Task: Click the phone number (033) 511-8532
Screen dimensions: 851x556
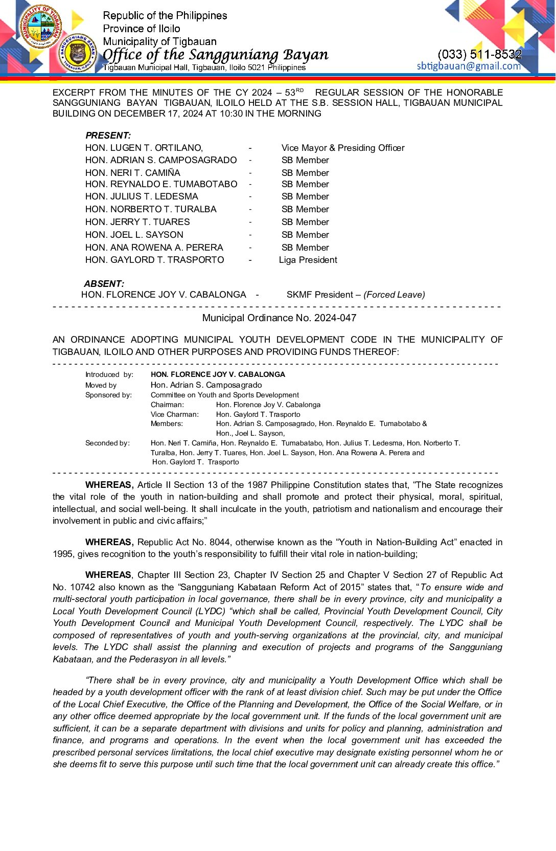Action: (x=479, y=54)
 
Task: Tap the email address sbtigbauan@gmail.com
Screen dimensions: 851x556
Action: (x=469, y=66)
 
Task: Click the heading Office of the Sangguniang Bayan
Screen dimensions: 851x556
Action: (x=215, y=54)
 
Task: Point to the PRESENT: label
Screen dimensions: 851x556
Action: (x=108, y=136)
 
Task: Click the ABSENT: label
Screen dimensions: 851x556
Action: (x=104, y=284)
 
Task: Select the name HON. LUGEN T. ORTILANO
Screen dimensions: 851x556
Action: (x=144, y=148)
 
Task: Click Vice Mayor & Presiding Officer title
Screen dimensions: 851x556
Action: (x=342, y=148)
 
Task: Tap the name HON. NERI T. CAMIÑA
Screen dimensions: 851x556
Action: (x=132, y=173)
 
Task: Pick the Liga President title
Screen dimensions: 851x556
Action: (x=308, y=260)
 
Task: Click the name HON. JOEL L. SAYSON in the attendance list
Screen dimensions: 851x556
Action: (x=134, y=235)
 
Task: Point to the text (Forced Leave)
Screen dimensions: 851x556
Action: (x=394, y=295)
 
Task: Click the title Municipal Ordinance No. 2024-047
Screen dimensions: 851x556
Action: (x=279, y=318)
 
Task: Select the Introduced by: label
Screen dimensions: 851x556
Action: (x=109, y=374)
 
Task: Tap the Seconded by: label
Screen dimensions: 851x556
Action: (x=107, y=443)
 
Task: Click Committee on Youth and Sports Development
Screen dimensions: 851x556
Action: (x=224, y=395)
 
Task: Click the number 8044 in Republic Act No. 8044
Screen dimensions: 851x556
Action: (x=220, y=542)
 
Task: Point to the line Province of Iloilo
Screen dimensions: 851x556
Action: (x=141, y=29)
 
